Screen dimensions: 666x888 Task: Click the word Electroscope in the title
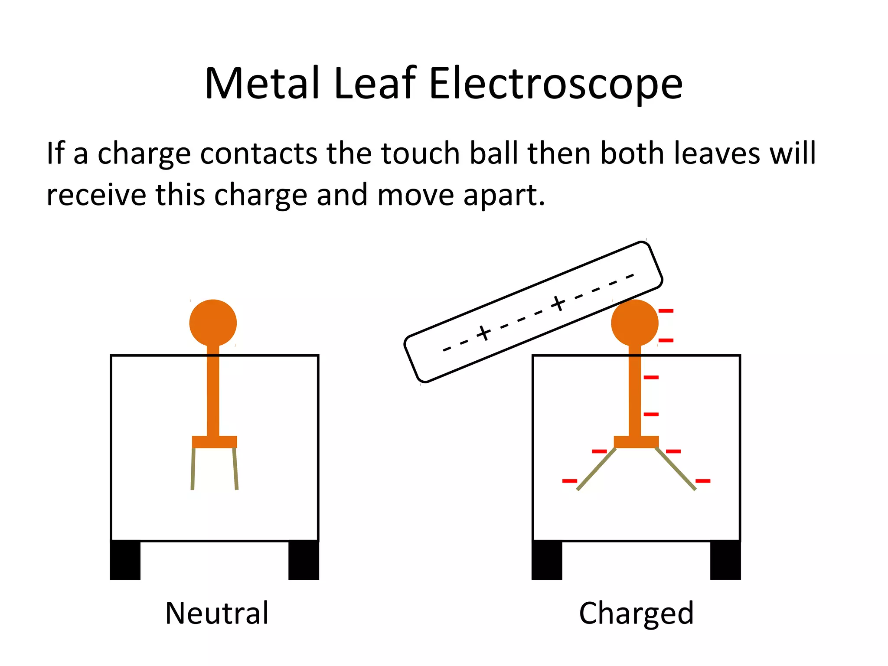(x=555, y=84)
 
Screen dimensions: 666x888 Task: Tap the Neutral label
(x=217, y=613)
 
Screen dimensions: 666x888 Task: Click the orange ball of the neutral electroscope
(x=213, y=323)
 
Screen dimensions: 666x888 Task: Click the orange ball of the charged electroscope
(x=634, y=323)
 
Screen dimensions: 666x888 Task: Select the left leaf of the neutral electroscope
(x=193, y=468)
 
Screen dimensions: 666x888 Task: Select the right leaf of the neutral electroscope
(x=235, y=468)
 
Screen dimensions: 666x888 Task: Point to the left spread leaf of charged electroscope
(x=596, y=470)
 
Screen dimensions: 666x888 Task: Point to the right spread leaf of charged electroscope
(x=676, y=469)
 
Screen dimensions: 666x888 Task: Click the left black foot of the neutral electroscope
(x=125, y=560)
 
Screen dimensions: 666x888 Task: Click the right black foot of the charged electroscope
(x=725, y=560)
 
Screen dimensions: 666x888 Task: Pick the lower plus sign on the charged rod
(x=483, y=333)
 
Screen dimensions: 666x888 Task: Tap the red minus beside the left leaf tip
(x=570, y=481)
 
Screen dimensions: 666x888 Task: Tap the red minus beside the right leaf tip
(x=703, y=481)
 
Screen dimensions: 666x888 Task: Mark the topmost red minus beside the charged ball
(x=666, y=311)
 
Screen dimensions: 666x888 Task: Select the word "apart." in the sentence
(x=504, y=195)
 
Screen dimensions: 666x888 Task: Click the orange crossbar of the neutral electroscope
(x=215, y=442)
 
